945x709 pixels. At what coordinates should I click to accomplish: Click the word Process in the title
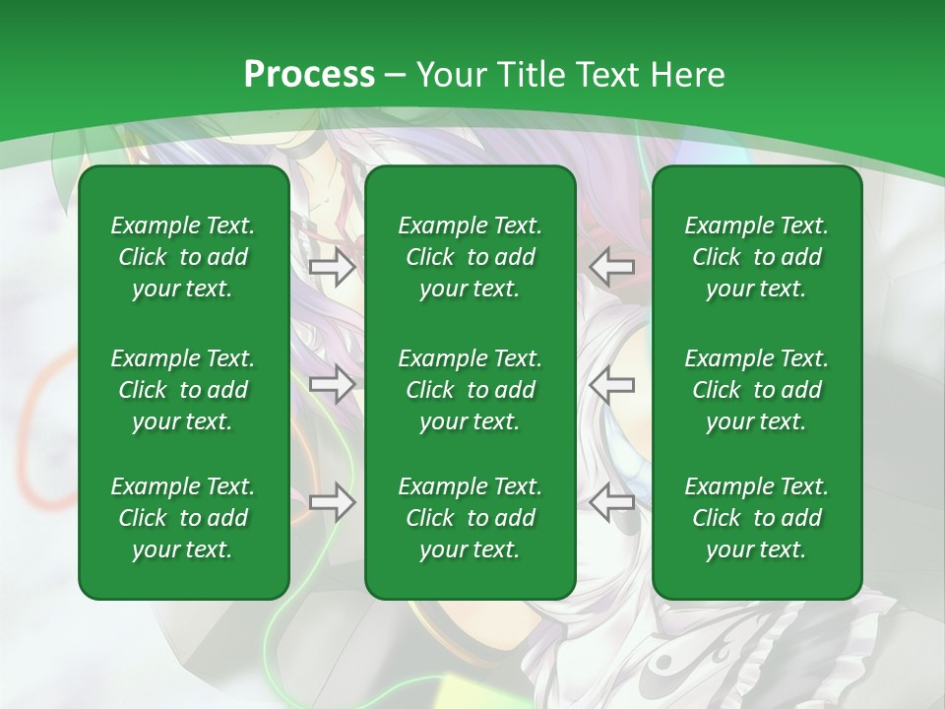[309, 75]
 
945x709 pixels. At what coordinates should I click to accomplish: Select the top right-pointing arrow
[332, 266]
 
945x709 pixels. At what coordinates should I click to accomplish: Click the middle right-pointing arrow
[332, 384]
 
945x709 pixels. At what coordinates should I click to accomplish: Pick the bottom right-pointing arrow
[332, 502]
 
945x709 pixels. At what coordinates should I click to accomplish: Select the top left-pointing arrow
[612, 266]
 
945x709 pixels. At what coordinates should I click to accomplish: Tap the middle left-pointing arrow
[612, 384]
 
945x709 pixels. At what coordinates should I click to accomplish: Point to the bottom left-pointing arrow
[612, 502]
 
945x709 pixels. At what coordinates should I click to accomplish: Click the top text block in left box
[183, 257]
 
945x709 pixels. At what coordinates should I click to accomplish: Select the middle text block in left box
[183, 390]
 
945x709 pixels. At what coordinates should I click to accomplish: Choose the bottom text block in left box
[183, 518]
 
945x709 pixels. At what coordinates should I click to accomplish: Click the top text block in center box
[471, 257]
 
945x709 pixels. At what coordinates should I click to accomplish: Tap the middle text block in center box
[471, 390]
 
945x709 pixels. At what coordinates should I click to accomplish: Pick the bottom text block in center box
[471, 518]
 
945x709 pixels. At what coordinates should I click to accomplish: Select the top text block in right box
[757, 257]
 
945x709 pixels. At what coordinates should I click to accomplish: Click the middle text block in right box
[757, 390]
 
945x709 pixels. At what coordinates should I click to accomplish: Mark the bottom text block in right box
[757, 518]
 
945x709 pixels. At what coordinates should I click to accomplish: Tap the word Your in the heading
[449, 75]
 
